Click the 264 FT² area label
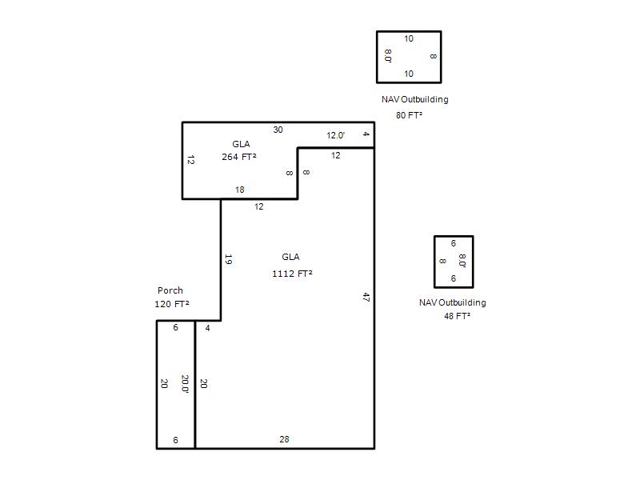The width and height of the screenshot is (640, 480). point(239,157)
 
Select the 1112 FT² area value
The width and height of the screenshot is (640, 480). point(292,274)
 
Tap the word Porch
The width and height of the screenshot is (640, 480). point(170,290)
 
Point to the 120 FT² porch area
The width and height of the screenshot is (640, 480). point(172,304)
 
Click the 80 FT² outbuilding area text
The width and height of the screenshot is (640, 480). point(409,115)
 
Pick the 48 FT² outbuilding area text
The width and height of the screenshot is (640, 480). point(457,316)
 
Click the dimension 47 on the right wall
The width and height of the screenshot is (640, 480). point(366,297)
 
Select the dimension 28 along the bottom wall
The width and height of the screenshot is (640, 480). point(284,439)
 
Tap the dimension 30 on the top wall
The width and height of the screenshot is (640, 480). point(278,130)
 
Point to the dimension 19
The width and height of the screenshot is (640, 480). point(229,259)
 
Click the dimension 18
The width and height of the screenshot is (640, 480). point(239,190)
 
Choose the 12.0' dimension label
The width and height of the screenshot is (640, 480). point(335,135)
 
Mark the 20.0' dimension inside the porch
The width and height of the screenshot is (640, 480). point(185,384)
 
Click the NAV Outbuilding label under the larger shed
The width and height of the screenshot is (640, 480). point(414,99)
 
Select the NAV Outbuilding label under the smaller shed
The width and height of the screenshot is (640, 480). point(453,302)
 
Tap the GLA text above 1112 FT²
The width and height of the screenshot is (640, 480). point(290,257)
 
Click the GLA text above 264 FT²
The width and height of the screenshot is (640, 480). point(241,144)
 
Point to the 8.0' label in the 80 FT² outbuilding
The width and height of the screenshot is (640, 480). point(388,56)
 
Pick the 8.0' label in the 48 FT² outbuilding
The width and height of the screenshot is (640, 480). point(462,261)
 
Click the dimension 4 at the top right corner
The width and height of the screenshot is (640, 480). point(366,134)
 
